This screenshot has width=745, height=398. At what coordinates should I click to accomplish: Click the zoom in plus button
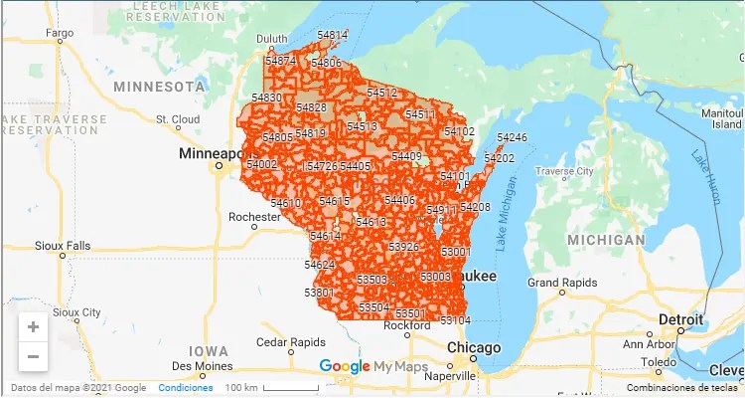tap(33, 327)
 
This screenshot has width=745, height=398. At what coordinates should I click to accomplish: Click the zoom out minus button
tap(33, 355)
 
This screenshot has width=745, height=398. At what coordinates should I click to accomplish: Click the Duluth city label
tap(272, 40)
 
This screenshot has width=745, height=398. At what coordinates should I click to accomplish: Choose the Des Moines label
tap(208, 365)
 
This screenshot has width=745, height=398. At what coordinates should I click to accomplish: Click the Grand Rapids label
tap(561, 283)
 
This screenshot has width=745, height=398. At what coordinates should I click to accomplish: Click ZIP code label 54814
tap(332, 36)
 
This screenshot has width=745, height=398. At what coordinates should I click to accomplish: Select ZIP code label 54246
tap(512, 137)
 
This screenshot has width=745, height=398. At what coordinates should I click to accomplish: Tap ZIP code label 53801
tap(319, 293)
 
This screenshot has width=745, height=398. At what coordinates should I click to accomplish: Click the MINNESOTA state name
tap(159, 87)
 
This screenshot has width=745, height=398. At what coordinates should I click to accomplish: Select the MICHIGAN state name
tap(606, 240)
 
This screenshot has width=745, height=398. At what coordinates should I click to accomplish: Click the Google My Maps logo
tap(372, 367)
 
